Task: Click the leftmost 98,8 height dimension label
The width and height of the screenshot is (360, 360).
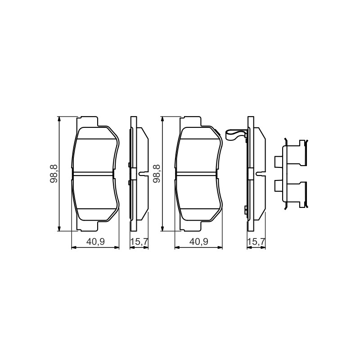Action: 54,174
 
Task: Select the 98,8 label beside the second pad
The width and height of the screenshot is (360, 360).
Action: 156,174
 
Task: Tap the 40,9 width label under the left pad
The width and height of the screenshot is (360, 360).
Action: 95,242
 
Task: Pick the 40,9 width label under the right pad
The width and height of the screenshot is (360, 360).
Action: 199,242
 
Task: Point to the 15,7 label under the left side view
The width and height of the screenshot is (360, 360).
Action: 139,242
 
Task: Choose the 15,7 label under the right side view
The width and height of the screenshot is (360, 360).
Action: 256,242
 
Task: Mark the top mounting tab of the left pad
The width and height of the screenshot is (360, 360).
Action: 87,121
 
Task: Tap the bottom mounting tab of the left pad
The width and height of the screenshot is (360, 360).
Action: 87,226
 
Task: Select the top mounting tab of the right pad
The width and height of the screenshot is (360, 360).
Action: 190,121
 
